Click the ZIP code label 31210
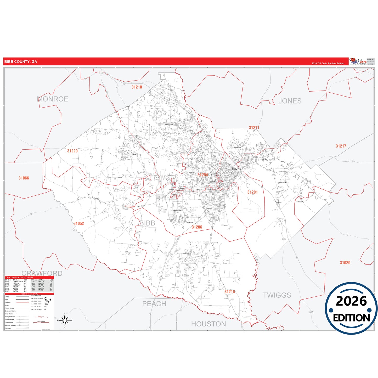[x=137, y=87]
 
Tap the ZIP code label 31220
[x=72, y=151]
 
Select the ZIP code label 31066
[x=24, y=178]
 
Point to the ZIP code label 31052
[x=78, y=223]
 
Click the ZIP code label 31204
[x=202, y=175]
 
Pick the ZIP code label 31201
[x=252, y=192]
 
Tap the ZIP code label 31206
[x=197, y=227]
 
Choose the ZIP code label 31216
[x=229, y=292]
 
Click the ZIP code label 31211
[x=254, y=128]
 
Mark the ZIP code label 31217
[x=341, y=146]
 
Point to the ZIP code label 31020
[x=345, y=263]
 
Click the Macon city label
[x=236, y=169]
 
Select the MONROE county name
[x=53, y=99]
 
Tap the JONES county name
[x=290, y=101]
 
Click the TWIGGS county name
[x=277, y=295]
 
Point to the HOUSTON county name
[x=208, y=324]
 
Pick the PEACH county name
[x=154, y=304]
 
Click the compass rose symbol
[x=65, y=320]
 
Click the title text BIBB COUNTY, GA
[x=21, y=62]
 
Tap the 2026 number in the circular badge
[x=351, y=301]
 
